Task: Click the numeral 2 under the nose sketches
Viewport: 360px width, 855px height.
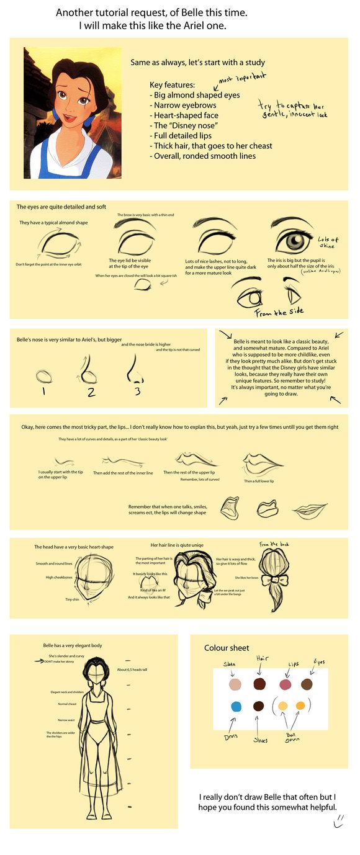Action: (x=91, y=392)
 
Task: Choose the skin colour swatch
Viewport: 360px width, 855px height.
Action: (x=235, y=684)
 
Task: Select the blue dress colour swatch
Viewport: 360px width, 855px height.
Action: (x=236, y=706)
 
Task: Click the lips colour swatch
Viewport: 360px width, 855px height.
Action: (x=286, y=684)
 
